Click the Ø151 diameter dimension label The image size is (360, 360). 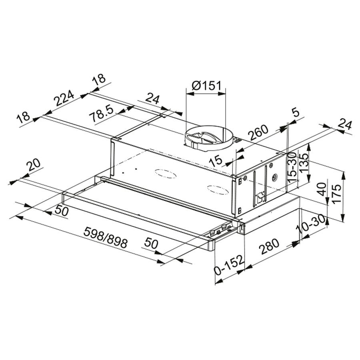pos(206,86)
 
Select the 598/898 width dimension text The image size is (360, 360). pos(105,237)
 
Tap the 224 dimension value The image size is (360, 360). pos(64,98)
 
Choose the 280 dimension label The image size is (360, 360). pos(269,246)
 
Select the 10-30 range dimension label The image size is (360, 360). pos(312,226)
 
